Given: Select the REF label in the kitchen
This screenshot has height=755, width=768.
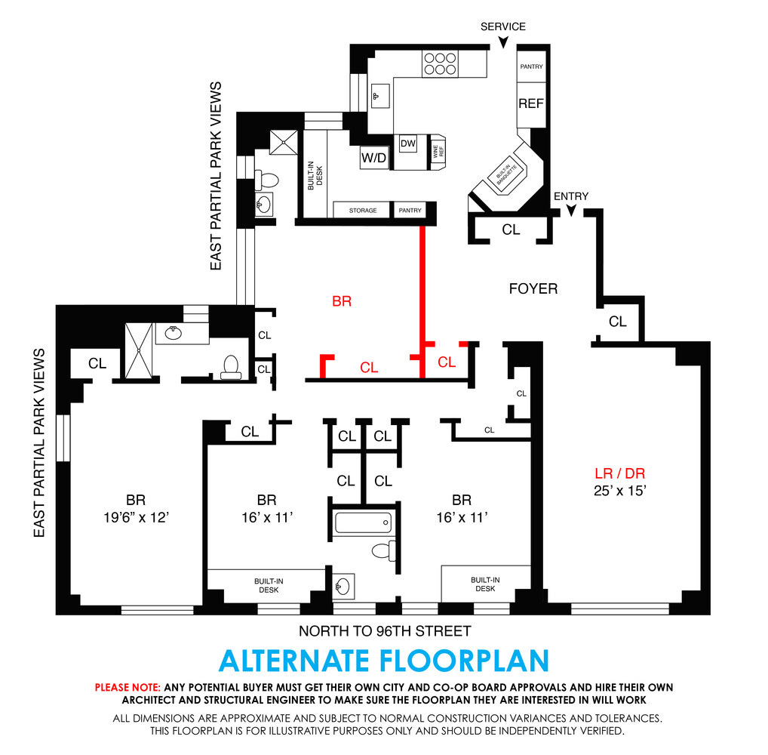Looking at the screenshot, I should pyautogui.click(x=530, y=103).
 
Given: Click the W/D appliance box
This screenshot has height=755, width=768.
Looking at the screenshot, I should pyautogui.click(x=373, y=158).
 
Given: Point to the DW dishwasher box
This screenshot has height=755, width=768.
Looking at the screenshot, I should pyautogui.click(x=408, y=143).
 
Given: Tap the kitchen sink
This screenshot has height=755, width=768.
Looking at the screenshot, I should pyautogui.click(x=379, y=97).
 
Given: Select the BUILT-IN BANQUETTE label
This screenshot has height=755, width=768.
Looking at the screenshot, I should pyautogui.click(x=505, y=177).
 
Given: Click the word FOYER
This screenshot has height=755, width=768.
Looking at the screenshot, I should pyautogui.click(x=533, y=288).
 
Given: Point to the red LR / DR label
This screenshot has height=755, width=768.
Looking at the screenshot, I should pyautogui.click(x=619, y=474).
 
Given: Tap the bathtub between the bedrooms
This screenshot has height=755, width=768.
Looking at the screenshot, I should pyautogui.click(x=364, y=522).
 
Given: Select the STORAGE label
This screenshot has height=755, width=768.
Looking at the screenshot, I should pyautogui.click(x=363, y=210).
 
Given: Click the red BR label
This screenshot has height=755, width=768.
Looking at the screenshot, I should pyautogui.click(x=342, y=300).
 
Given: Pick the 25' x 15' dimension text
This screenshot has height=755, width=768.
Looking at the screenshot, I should pyautogui.click(x=619, y=491).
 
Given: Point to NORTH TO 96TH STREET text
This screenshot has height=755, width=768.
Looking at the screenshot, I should pyautogui.click(x=385, y=631).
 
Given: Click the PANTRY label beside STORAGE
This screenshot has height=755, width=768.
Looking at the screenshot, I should pyautogui.click(x=410, y=210).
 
